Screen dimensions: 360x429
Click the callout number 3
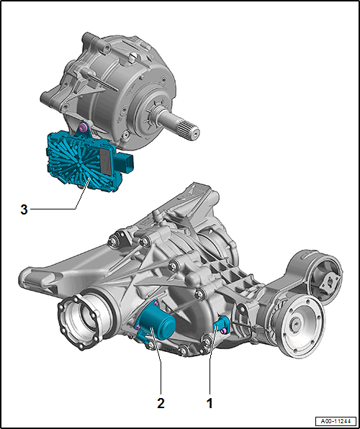[24, 209]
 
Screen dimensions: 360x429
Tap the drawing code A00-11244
[336, 420]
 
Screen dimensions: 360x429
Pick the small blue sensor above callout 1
[220, 325]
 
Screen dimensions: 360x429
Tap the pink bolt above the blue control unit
[82, 127]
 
